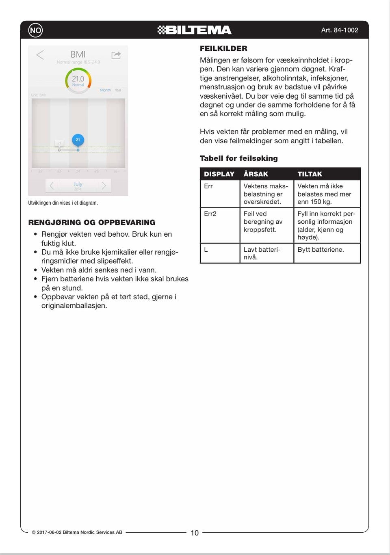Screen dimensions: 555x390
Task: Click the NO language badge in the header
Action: (35, 30)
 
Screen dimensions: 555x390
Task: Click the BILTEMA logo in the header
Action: (194, 30)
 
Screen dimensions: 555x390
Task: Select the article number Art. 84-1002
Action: (339, 30)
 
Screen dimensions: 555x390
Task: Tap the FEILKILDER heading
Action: (223, 49)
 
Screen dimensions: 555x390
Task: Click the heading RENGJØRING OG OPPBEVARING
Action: (92, 222)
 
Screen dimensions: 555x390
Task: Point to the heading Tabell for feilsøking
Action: (239, 158)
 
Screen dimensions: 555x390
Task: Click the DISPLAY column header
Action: (219, 174)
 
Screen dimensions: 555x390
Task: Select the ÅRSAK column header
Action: (256, 174)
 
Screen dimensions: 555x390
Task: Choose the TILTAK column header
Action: (310, 174)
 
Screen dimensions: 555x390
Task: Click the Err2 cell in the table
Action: (210, 214)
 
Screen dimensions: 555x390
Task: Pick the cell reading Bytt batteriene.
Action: (321, 250)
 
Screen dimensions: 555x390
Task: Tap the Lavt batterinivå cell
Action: (262, 253)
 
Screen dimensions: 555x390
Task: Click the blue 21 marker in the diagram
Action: (78, 140)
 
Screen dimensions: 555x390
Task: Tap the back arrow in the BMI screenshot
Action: (40, 55)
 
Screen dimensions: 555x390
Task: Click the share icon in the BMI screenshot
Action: (116, 55)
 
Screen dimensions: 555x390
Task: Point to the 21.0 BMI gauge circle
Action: (78, 80)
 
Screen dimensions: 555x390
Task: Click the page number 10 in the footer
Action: (195, 533)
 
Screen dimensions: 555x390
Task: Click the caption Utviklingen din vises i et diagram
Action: (63, 203)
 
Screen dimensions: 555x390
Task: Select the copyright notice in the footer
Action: (77, 532)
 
